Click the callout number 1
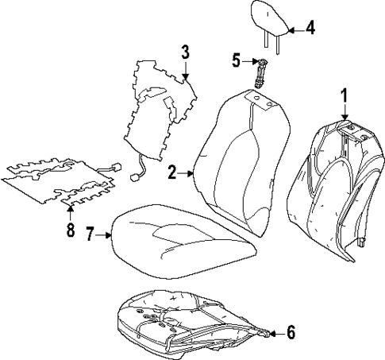[345, 96]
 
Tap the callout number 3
[184, 53]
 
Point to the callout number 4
[310, 29]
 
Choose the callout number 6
[291, 333]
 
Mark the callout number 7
[90, 234]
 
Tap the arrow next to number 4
[293, 30]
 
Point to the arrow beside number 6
[275, 333]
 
